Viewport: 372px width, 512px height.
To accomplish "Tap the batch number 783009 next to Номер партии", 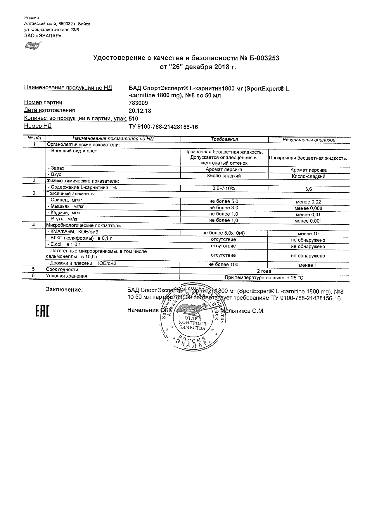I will point(138,103).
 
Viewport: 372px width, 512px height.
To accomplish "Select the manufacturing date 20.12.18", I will point(140,111).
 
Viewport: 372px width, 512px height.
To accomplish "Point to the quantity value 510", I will point(133,119).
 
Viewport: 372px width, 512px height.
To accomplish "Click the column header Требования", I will point(224,139).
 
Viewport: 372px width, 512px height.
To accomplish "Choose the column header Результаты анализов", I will point(309,140).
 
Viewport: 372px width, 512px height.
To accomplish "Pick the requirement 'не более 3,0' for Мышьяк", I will point(224,208).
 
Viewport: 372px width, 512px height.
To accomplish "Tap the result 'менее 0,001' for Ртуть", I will point(308,221).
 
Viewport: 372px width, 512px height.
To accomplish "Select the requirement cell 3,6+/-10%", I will point(224,189).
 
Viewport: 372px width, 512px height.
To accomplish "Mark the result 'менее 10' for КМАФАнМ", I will point(308,234).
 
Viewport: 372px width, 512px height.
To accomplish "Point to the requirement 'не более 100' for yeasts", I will point(224,264).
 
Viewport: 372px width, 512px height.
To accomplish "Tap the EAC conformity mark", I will point(43,311).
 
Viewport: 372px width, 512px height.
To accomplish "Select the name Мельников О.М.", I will point(242,311).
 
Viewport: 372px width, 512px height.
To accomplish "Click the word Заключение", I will point(64,290).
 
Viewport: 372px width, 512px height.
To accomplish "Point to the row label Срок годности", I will point(62,269).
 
